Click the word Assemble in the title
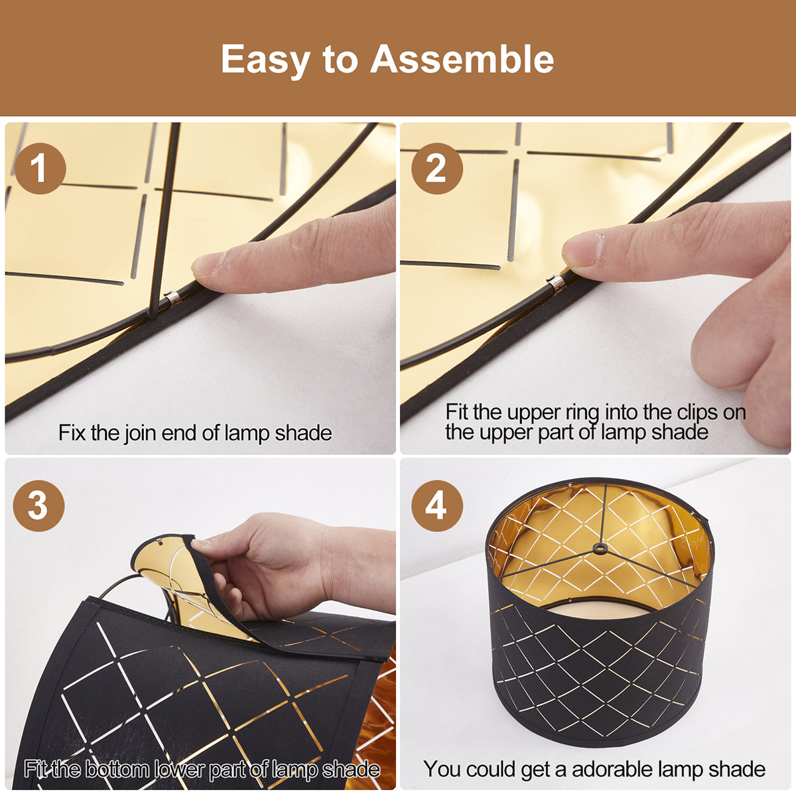click(x=462, y=60)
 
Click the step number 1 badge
click(x=40, y=168)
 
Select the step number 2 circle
click(x=436, y=168)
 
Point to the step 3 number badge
click(x=38, y=505)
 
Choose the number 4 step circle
click(x=436, y=505)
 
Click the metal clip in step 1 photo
click(x=172, y=297)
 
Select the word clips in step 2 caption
click(x=697, y=412)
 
